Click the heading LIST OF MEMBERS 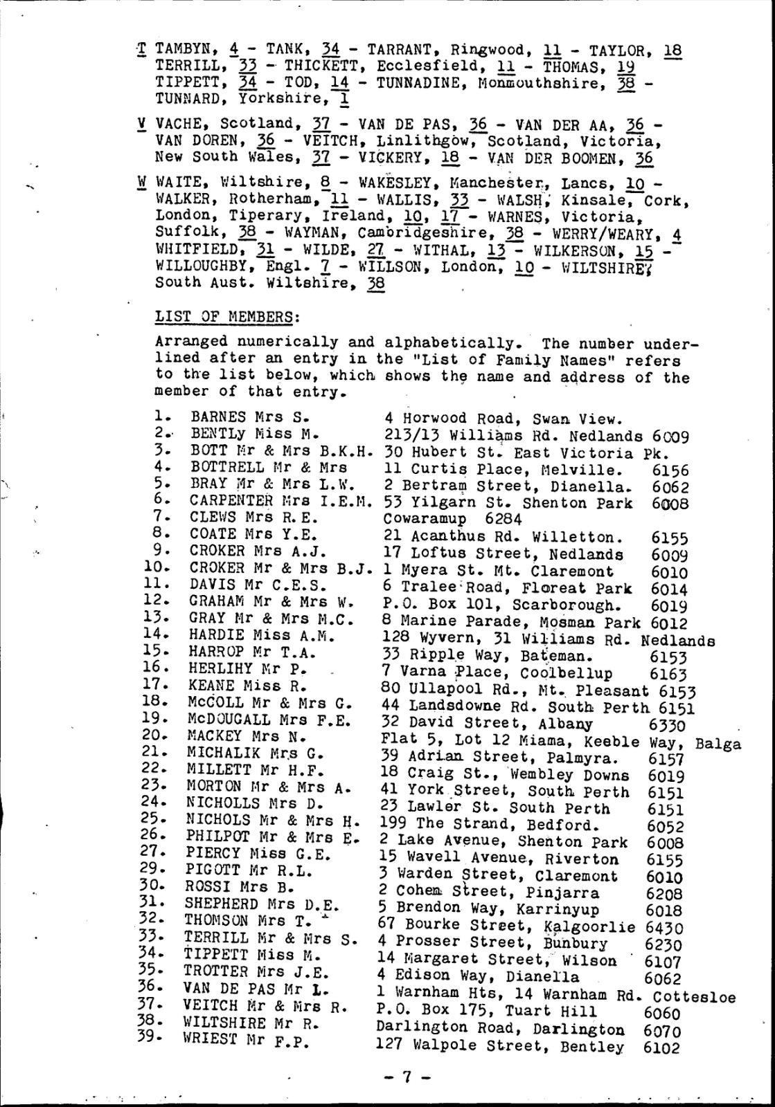pyautogui.click(x=228, y=317)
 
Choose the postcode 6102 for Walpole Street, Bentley pyautogui.click(x=661, y=1048)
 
